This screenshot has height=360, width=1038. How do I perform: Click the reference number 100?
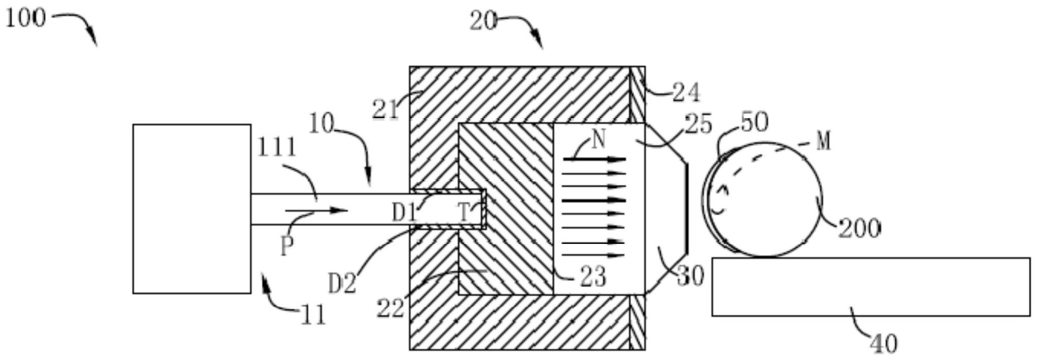[x=25, y=18]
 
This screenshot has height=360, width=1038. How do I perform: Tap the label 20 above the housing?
[x=482, y=21]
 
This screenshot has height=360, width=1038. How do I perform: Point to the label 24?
[x=686, y=92]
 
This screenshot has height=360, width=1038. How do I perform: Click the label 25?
[x=698, y=125]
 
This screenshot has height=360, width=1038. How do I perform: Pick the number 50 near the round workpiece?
[x=754, y=123]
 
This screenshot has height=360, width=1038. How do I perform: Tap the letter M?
[x=824, y=141]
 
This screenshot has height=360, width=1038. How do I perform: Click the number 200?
[x=859, y=229]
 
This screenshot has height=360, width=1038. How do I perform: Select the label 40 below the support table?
[x=883, y=344]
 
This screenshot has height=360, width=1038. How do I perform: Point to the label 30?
[x=690, y=275]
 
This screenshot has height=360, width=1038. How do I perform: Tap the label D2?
[x=342, y=284]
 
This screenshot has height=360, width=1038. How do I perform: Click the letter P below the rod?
[x=287, y=247]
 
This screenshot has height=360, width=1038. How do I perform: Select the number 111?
[x=276, y=148]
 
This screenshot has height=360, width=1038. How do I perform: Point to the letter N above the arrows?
[x=599, y=139]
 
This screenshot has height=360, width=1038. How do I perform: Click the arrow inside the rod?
[x=316, y=210]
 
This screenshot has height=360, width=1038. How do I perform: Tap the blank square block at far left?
[x=191, y=209]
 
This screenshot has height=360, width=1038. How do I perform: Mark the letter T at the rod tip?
[x=464, y=212]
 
